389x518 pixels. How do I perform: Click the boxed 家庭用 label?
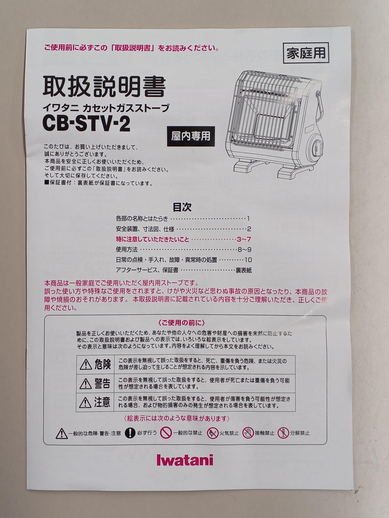coord(306,53)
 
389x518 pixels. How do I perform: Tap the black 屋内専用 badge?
coord(191,136)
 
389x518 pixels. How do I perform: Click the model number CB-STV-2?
coord(86,124)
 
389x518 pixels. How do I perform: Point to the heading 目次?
coord(182,207)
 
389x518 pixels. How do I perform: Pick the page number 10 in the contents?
coord(248,260)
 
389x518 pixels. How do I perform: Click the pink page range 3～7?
coord(244,240)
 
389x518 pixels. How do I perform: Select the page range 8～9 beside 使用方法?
coord(244,249)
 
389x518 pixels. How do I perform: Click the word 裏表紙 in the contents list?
coord(244,270)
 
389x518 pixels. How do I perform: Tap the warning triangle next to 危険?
coord(86,364)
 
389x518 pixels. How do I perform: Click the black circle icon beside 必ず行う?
coord(130,433)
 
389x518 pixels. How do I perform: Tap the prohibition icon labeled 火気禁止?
coord(212,433)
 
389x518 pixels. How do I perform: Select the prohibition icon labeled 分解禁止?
coord(283,433)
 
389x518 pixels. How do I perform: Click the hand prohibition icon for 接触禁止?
coord(248,433)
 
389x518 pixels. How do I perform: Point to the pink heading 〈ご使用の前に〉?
coord(182,323)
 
